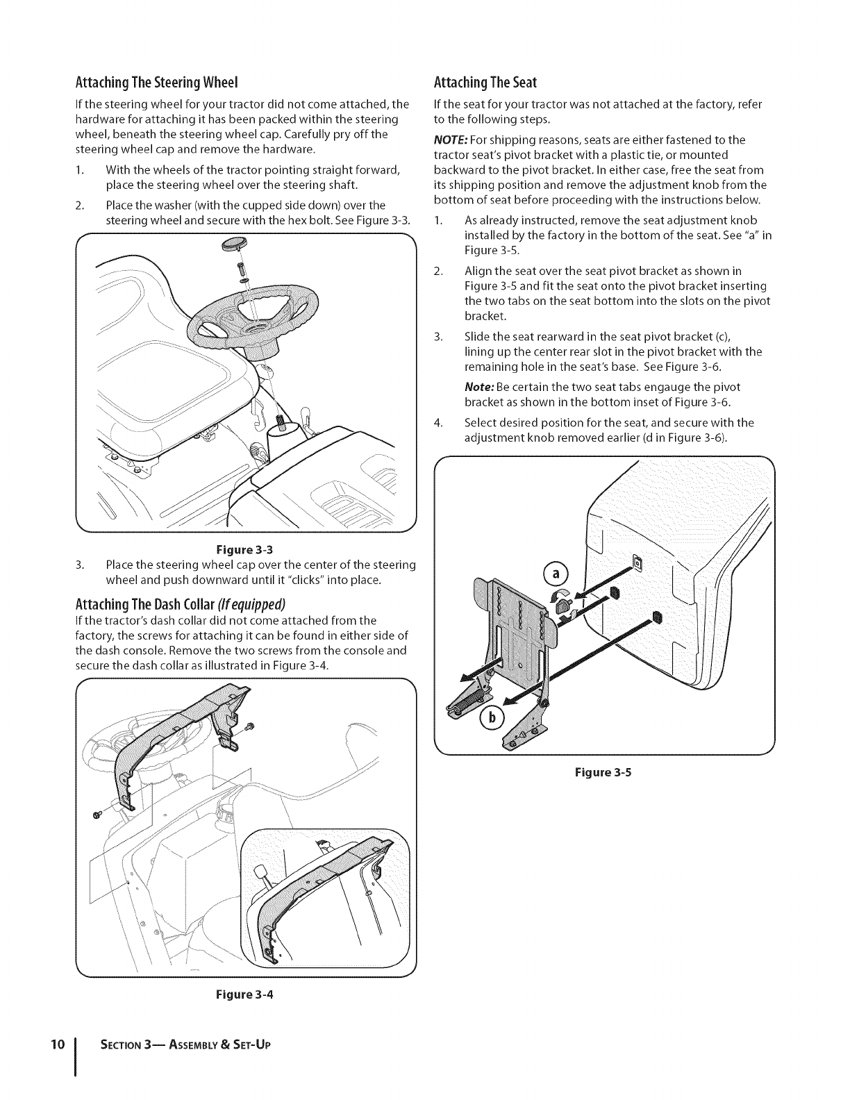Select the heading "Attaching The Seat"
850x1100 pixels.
(x=485, y=83)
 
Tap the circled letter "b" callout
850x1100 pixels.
(x=490, y=719)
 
